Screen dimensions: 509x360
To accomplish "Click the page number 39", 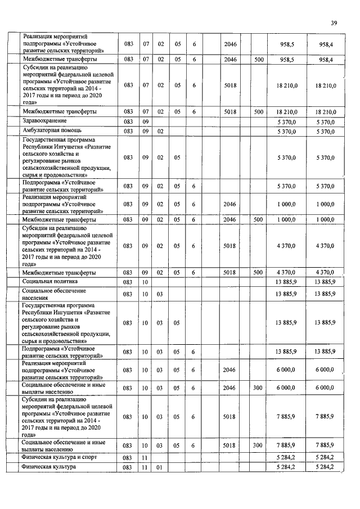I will point(334,23).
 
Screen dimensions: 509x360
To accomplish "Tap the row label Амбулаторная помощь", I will point(51,130).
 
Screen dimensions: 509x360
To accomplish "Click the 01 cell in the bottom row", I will point(160,467).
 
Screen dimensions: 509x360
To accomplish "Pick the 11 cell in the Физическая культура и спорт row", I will point(145,458).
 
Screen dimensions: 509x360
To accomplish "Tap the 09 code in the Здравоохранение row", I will point(145,121).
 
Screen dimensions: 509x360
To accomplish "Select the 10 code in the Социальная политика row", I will point(145,281).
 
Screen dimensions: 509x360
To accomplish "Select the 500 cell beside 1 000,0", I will point(258,219).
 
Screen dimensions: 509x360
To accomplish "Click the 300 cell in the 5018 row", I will point(258,445).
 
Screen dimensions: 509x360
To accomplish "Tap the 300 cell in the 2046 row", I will point(258,388).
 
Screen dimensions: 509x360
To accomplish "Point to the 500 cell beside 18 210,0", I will point(258,112).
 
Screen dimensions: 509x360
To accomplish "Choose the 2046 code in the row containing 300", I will point(230,388).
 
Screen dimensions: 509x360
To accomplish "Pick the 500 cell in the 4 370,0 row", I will point(258,272).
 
